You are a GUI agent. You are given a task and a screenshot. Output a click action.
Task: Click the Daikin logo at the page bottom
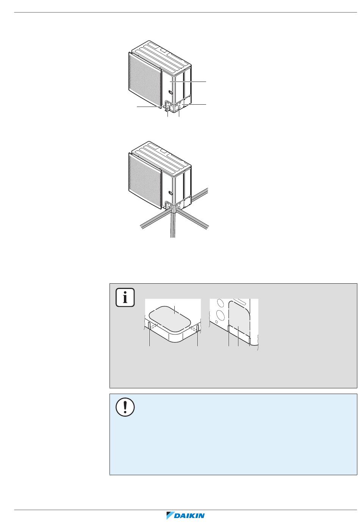185,515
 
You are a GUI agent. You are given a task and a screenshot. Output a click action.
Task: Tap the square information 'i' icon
125,297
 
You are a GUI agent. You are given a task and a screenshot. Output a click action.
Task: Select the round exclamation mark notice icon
125,407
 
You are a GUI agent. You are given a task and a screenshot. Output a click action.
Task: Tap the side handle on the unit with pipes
171,194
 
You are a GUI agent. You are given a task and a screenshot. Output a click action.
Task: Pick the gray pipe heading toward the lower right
193,219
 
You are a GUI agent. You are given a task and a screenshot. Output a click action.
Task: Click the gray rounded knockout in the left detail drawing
173,319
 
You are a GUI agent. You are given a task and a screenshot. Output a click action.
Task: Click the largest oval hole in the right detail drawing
221,314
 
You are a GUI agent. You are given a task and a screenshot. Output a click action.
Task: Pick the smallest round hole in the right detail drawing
217,322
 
